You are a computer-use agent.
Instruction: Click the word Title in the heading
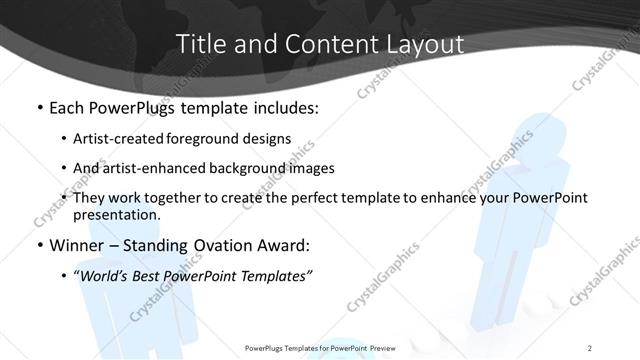coord(199,45)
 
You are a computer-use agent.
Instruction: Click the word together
coord(194,198)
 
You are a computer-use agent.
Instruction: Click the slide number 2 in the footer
coord(590,347)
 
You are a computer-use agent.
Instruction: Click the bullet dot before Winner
coord(39,246)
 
